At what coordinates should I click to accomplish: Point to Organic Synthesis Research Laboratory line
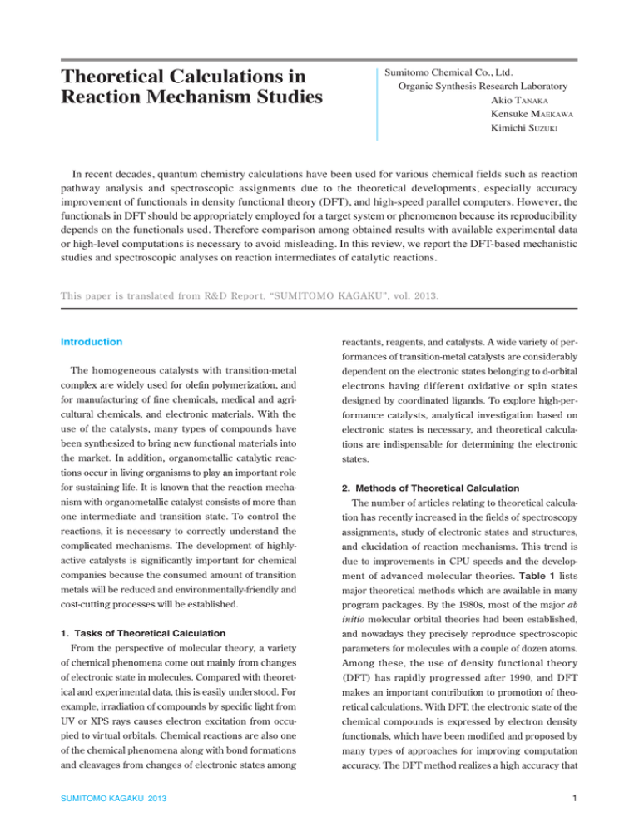(483, 86)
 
